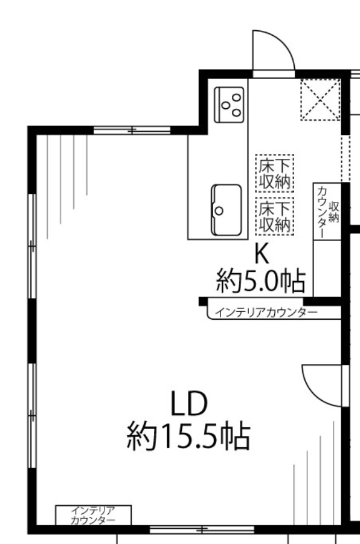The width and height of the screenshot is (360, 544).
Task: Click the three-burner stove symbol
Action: click(x=229, y=105)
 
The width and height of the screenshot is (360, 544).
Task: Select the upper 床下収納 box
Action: click(x=275, y=173)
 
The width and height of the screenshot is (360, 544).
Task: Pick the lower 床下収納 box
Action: click(x=275, y=216)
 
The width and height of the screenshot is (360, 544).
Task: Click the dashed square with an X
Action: click(x=320, y=100)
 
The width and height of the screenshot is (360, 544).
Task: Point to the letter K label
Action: click(x=262, y=254)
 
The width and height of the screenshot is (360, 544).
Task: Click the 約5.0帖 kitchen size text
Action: click(x=261, y=280)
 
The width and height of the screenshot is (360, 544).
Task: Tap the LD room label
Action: click(x=190, y=404)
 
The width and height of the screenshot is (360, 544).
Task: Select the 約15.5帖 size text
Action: click(x=188, y=435)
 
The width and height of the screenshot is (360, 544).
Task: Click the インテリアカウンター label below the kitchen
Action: click(x=266, y=312)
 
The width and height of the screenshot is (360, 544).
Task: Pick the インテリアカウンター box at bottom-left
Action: click(x=93, y=515)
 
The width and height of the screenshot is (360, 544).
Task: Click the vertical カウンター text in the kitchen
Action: click(x=322, y=212)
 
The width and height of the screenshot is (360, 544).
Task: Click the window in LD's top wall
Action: click(x=132, y=131)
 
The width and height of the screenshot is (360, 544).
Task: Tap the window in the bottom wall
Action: click(x=202, y=529)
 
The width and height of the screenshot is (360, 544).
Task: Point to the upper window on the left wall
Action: click(x=32, y=246)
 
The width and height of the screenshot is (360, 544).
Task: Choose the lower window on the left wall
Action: click(x=32, y=415)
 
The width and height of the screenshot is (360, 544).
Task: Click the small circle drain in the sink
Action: click(x=219, y=210)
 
